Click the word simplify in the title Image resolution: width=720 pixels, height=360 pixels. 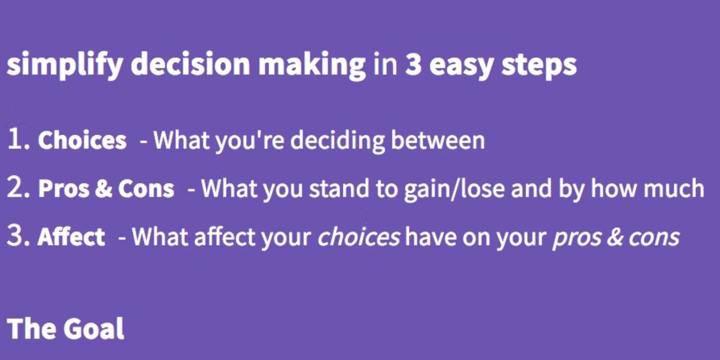(x=65, y=65)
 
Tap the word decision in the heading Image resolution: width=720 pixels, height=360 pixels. (x=190, y=63)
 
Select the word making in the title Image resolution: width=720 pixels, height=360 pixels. (x=312, y=65)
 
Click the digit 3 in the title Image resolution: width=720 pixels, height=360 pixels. (x=413, y=64)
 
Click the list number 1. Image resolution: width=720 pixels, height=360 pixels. (x=19, y=139)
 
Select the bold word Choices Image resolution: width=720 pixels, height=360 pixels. (x=82, y=140)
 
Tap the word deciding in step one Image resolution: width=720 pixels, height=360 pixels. (x=337, y=141)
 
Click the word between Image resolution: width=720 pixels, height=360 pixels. (x=438, y=140)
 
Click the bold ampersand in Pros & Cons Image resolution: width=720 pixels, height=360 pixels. (x=104, y=188)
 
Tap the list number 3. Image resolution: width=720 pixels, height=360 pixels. (x=18, y=236)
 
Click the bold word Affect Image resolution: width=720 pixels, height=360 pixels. (x=71, y=236)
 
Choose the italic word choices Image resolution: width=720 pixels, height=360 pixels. (x=359, y=237)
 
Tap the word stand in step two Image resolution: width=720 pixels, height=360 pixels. (x=339, y=188)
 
